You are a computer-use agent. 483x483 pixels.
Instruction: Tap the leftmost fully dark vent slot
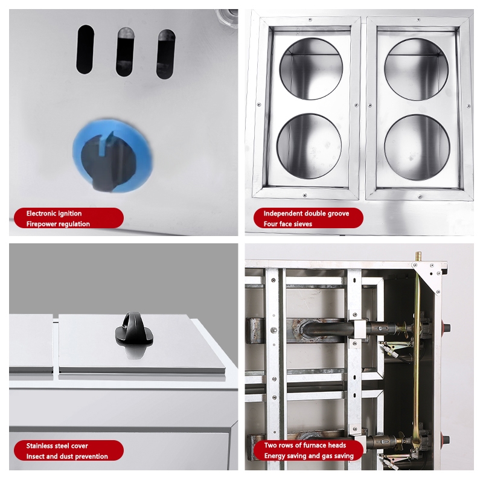(85, 50)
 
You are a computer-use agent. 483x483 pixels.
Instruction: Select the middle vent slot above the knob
(125, 52)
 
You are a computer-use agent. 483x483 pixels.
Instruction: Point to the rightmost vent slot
(166, 54)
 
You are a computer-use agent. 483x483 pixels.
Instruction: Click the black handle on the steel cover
(134, 328)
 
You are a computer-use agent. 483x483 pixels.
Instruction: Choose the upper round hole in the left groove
(311, 69)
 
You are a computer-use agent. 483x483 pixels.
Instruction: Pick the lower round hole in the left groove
(309, 146)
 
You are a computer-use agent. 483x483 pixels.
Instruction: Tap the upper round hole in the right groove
(417, 69)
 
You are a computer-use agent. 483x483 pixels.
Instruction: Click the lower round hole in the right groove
(417, 147)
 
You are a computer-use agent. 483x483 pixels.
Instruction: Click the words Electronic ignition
(54, 214)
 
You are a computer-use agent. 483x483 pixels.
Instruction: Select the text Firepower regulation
(58, 224)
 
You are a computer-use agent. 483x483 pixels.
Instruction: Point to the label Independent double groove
(306, 214)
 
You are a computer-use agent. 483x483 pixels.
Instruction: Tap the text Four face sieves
(288, 224)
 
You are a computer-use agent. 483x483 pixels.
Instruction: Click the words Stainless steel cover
(57, 446)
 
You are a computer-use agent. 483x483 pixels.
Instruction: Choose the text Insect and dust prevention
(67, 456)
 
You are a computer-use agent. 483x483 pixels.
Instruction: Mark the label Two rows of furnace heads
(305, 445)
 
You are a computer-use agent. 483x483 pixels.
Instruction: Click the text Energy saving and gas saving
(309, 456)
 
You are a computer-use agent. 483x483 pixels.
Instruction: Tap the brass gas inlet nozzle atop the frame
(418, 256)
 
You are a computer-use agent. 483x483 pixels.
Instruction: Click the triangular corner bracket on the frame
(429, 275)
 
